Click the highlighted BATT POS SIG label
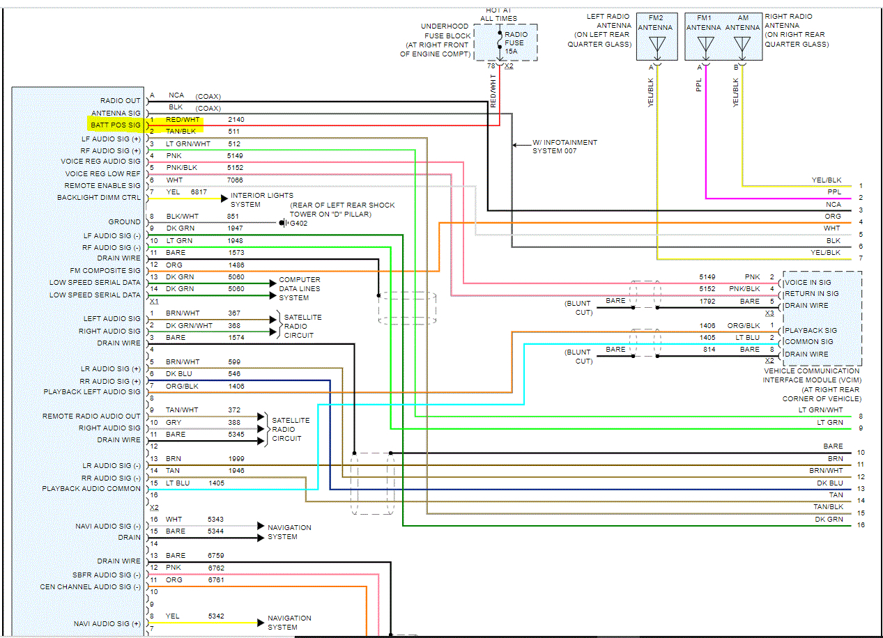(116, 125)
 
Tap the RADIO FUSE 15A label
(516, 42)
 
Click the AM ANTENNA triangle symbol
(742, 47)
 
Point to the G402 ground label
(300, 224)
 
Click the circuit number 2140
(236, 120)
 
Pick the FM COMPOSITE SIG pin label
(105, 270)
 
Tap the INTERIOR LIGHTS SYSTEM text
(262, 200)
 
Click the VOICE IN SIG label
(808, 283)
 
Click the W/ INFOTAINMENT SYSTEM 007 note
(565, 146)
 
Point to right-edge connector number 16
(861, 524)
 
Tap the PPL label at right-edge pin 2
(834, 192)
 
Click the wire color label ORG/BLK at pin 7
(181, 386)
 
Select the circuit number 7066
(236, 180)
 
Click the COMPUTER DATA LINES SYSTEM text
(300, 288)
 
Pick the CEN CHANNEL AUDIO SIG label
(90, 587)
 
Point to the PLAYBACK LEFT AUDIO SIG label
(92, 392)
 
